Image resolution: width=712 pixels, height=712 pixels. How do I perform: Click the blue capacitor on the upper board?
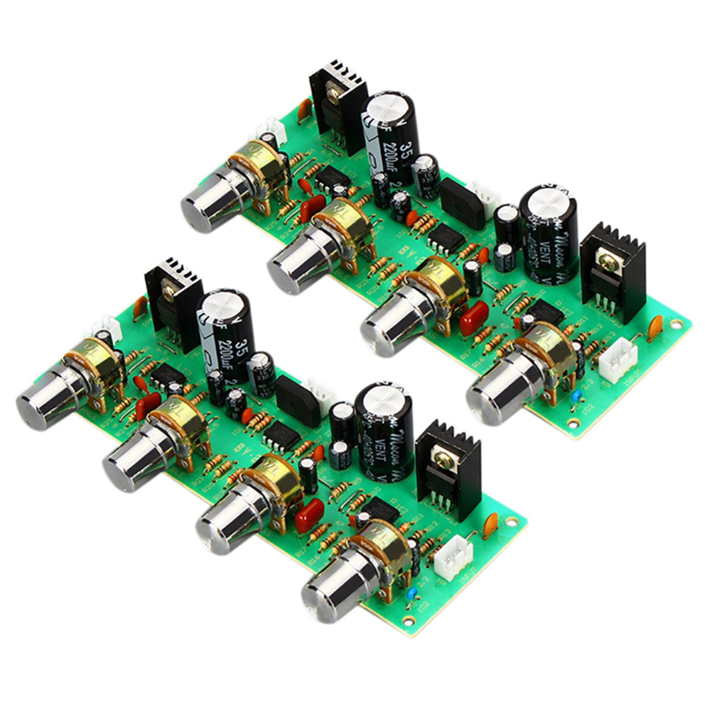click(576, 394)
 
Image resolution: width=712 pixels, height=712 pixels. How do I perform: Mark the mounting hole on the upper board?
click(675, 324)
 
